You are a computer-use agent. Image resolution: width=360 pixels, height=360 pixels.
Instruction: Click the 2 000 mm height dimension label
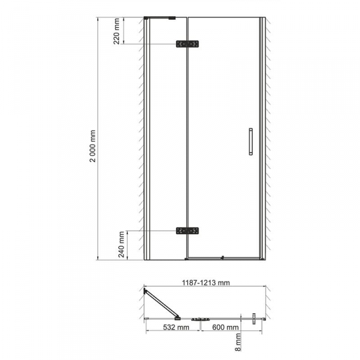click(x=93, y=146)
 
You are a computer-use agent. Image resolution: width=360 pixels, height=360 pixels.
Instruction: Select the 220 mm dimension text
click(x=116, y=31)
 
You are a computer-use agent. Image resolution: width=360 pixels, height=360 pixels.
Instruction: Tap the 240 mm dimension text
click(x=121, y=244)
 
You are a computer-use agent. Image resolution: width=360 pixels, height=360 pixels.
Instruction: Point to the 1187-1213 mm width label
click(x=206, y=283)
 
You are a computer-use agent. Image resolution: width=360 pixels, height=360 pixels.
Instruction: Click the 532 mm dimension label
click(x=176, y=327)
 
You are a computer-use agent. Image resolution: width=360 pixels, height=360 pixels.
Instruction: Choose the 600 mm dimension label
click(x=226, y=327)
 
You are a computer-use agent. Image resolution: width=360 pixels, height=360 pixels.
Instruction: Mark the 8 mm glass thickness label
click(x=238, y=342)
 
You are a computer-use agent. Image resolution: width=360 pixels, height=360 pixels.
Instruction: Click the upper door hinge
click(x=187, y=44)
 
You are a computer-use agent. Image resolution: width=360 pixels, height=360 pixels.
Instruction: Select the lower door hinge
click(x=187, y=231)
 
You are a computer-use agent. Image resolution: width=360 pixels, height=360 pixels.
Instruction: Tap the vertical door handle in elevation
click(x=251, y=142)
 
